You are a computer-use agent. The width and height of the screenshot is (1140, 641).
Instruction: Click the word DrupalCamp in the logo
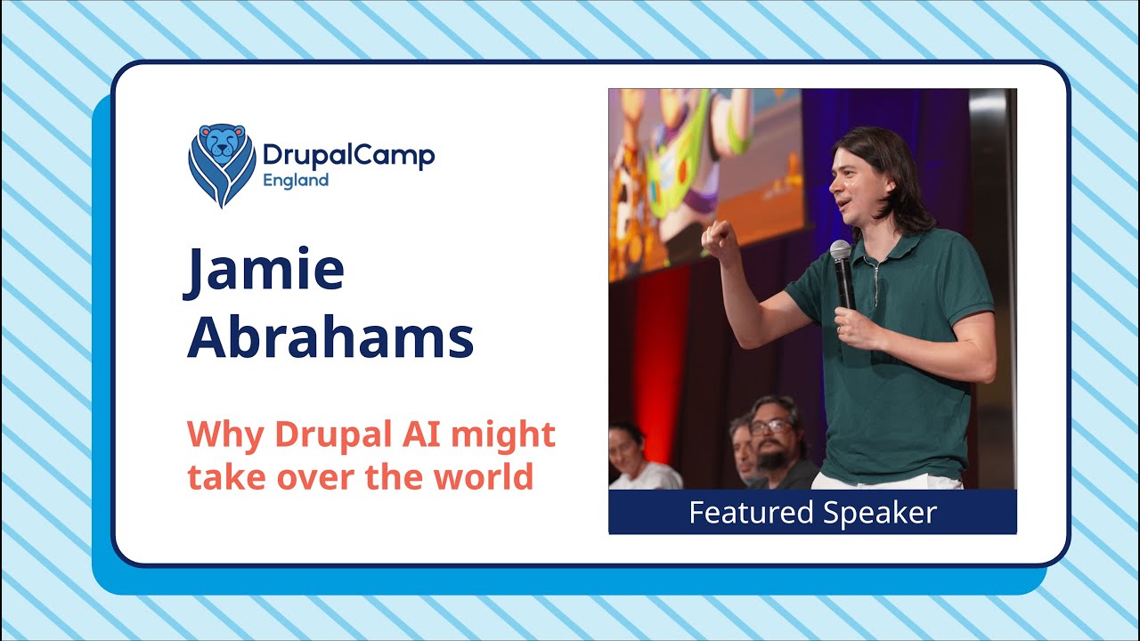tap(348, 155)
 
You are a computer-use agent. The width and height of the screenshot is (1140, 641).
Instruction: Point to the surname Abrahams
tap(330, 338)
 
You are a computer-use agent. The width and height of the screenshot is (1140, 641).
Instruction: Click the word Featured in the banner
tap(751, 513)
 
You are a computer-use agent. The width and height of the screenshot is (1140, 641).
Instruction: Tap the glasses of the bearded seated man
tap(770, 426)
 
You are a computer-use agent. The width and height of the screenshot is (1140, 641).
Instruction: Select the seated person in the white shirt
tap(638, 458)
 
